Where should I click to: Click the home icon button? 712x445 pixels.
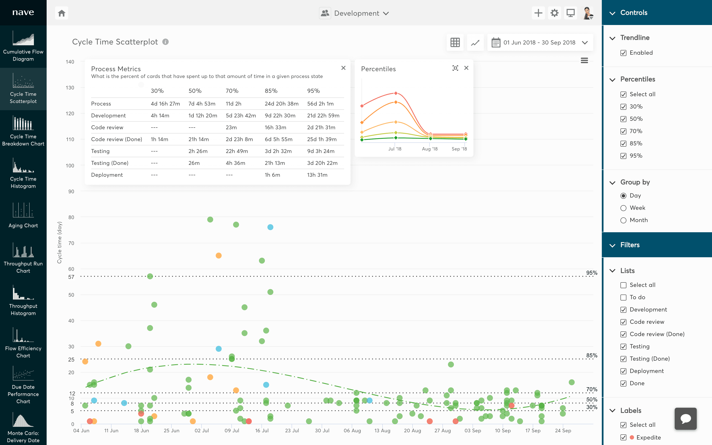[61, 13]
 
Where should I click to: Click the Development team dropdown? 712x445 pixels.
[355, 13]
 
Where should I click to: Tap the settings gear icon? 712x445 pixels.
[554, 13]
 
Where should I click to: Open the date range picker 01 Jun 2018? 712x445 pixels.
[540, 43]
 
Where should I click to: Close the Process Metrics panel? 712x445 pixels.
[343, 68]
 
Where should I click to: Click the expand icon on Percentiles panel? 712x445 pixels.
[455, 68]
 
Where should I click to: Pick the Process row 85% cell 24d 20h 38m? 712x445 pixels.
[282, 104]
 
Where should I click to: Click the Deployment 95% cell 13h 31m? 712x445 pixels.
[317, 175]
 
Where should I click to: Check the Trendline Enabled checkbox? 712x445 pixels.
[623, 53]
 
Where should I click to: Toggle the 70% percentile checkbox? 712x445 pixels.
[623, 131]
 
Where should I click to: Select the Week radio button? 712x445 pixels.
[623, 208]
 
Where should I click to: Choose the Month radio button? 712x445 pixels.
[623, 220]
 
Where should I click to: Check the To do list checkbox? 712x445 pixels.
[623, 298]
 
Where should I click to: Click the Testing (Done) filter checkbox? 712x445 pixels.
[623, 359]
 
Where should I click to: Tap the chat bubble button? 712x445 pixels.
[686, 419]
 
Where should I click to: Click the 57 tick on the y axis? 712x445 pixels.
[71, 277]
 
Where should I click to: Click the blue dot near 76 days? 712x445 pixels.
[270, 227]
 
